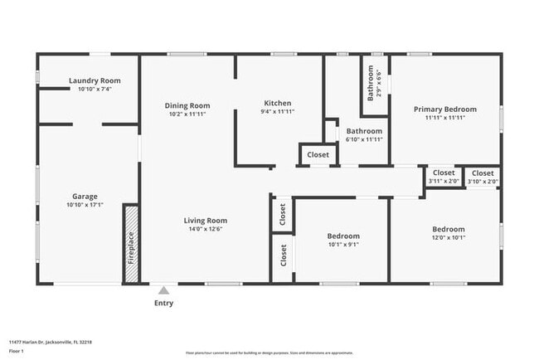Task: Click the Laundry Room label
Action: pos(95,80)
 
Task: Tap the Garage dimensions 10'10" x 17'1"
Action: pos(85,205)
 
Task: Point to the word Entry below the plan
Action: pos(164,304)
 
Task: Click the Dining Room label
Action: pos(187,105)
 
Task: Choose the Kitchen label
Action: pos(277,103)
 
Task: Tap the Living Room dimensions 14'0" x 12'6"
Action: pos(206,229)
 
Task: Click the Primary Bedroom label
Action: pos(445,109)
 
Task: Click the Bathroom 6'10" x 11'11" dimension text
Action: pos(364,139)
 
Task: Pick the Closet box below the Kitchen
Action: pos(318,155)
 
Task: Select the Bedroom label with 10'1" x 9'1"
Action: pos(342,236)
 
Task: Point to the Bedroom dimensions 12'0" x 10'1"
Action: pos(449,237)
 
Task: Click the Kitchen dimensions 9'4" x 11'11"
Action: pos(277,111)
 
